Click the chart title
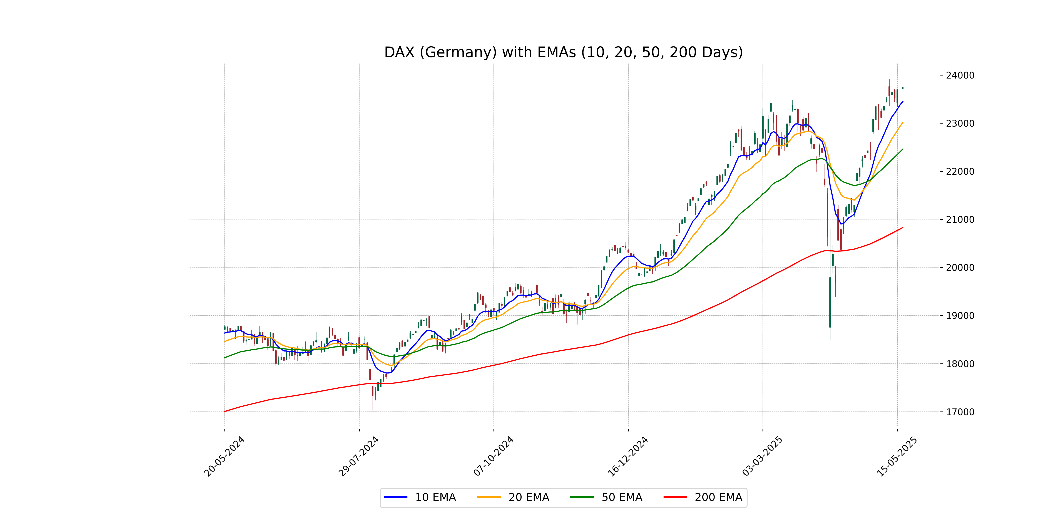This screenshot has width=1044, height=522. click(563, 52)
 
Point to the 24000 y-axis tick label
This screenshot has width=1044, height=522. click(960, 75)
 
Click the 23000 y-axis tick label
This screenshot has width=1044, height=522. click(960, 123)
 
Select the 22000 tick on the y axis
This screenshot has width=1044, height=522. click(960, 171)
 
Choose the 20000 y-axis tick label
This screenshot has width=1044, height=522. click(960, 268)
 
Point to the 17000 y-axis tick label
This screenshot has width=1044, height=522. click(960, 412)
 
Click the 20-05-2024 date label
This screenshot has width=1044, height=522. click(224, 456)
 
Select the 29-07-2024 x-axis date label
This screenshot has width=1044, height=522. click(359, 456)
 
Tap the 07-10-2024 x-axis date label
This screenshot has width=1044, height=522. click(493, 456)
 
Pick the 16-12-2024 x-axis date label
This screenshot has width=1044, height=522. click(628, 456)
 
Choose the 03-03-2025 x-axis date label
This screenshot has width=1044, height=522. click(762, 456)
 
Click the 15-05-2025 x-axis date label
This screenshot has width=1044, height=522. click(897, 456)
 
